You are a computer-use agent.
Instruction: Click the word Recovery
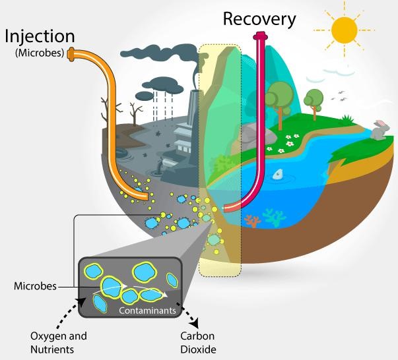tap(259, 18)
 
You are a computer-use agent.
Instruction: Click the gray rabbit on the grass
tap(378, 131)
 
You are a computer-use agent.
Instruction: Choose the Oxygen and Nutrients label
tap(58, 343)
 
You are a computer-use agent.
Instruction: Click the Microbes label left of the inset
tap(35, 287)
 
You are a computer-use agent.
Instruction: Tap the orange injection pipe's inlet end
tap(71, 54)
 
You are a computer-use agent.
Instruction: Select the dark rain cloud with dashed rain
tap(164, 84)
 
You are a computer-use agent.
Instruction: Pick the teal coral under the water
tap(273, 217)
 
